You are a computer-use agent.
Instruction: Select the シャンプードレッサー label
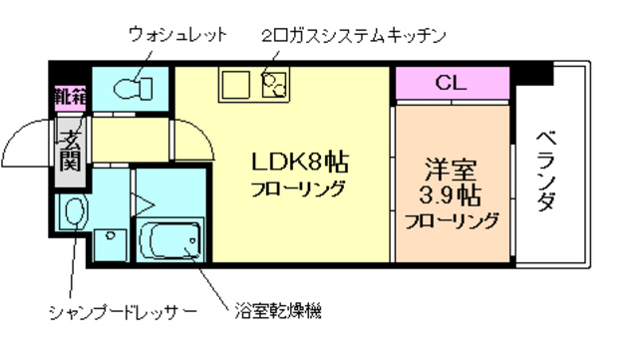point(123,313)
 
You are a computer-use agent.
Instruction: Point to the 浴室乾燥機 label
point(279,311)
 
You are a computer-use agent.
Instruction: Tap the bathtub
point(168,240)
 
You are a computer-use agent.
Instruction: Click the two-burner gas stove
point(272,85)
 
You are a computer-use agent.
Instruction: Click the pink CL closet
point(452,84)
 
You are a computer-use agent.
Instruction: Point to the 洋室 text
point(451,166)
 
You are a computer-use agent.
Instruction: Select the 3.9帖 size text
point(451,193)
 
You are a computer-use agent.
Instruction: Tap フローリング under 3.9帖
point(451,221)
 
